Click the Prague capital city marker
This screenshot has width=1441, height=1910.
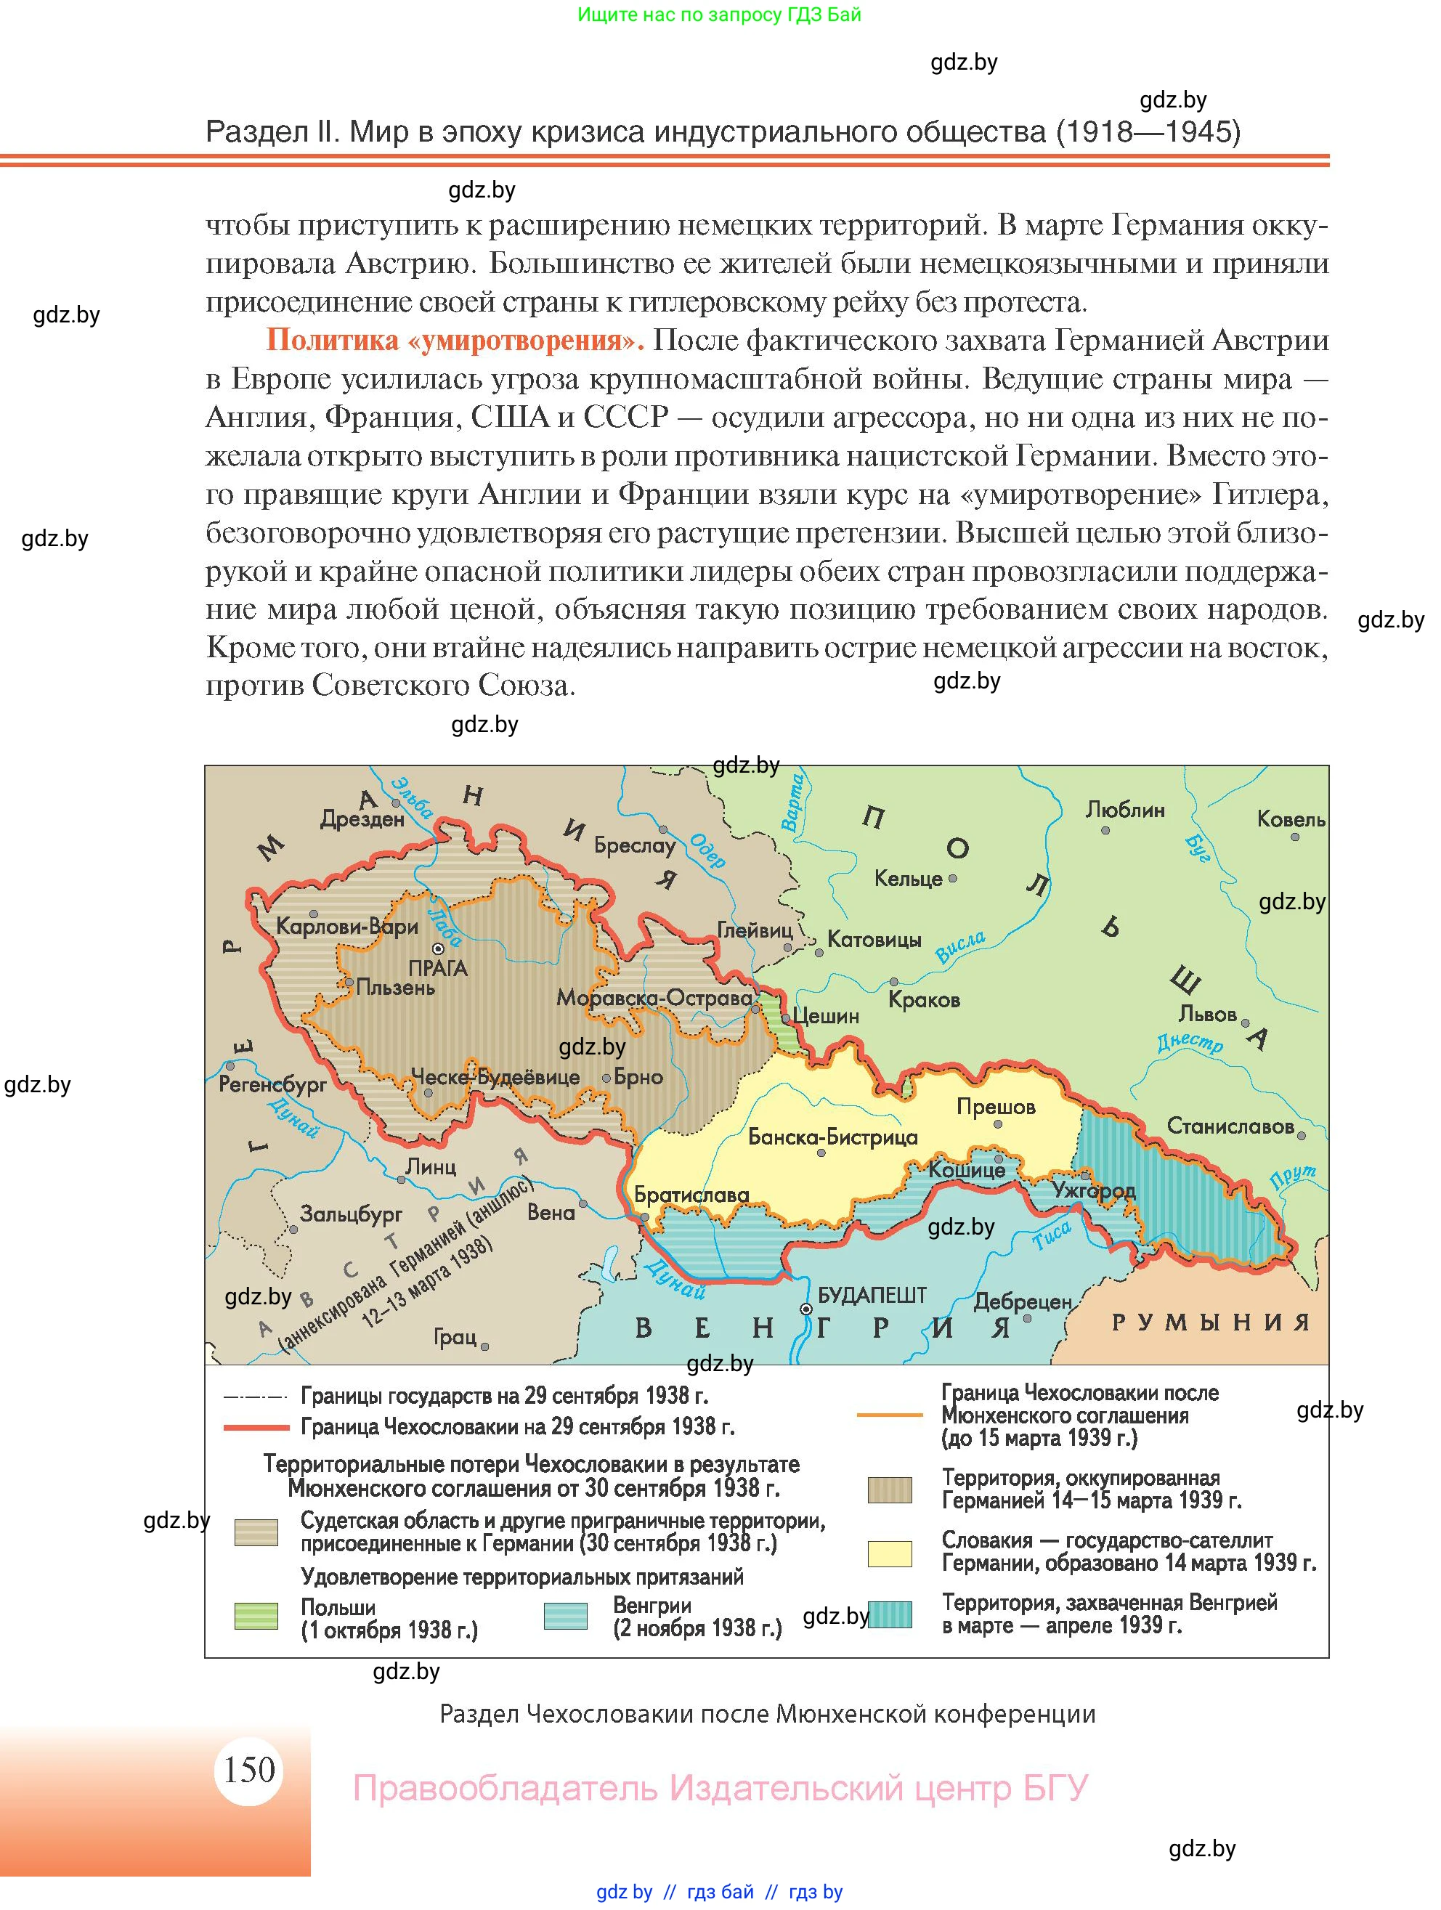438,949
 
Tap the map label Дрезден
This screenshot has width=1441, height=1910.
362,818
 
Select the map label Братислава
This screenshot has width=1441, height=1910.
691,1195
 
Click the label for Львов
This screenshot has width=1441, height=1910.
1207,1014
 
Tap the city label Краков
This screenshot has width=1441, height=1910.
924,1000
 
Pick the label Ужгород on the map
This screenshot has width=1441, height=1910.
1093,1191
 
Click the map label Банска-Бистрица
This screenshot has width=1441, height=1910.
832,1137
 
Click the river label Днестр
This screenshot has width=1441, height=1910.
1190,1042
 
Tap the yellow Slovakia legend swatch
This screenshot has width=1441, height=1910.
889,1553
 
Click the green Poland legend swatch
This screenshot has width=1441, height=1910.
256,1616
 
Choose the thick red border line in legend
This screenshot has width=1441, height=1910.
256,1427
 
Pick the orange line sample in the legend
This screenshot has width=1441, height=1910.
889,1415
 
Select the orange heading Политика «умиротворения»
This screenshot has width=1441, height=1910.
455,340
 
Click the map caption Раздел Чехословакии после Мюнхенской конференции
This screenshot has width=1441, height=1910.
767,1714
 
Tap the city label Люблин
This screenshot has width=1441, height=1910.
1124,810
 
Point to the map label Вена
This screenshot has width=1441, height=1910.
551,1212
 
